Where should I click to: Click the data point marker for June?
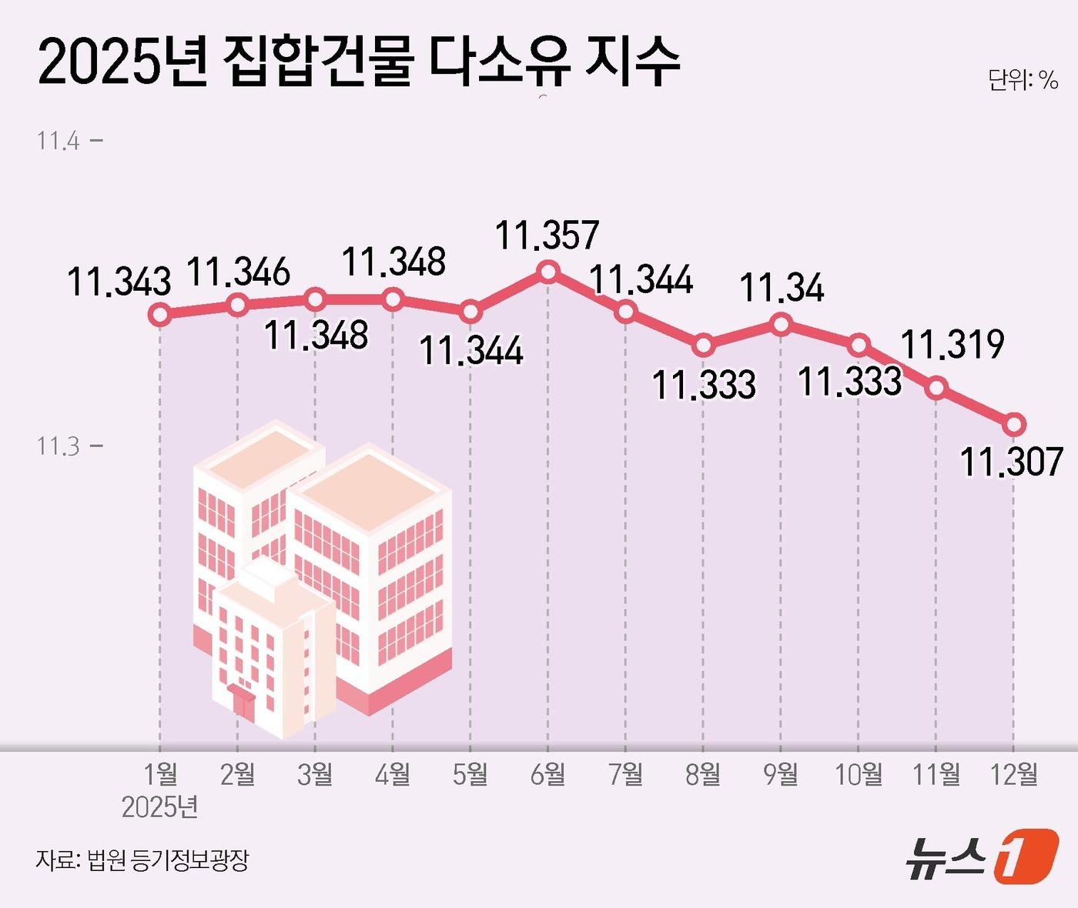pyautogui.click(x=548, y=272)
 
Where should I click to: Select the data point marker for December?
pyautogui.click(x=1014, y=424)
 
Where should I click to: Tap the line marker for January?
pyautogui.click(x=160, y=314)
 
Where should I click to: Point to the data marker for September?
pyautogui.click(x=781, y=325)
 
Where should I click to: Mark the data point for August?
pyautogui.click(x=703, y=346)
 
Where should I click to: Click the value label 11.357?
pyautogui.click(x=547, y=235)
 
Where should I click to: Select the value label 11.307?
pyautogui.click(x=1011, y=462)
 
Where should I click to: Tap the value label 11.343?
pyautogui.click(x=119, y=282)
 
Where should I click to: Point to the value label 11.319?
pyautogui.click(x=952, y=344)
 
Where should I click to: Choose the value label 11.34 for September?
pyautogui.click(x=782, y=289)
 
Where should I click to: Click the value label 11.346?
pyautogui.click(x=239, y=272)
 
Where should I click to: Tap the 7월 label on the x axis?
pyautogui.click(x=625, y=774)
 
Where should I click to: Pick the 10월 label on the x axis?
pyautogui.click(x=859, y=774)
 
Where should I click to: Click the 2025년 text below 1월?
pyautogui.click(x=160, y=806)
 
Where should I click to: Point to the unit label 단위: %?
pyautogui.click(x=1023, y=80)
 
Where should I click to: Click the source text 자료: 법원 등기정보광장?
pyautogui.click(x=142, y=860)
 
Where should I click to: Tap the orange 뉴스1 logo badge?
pyautogui.click(x=1025, y=856)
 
